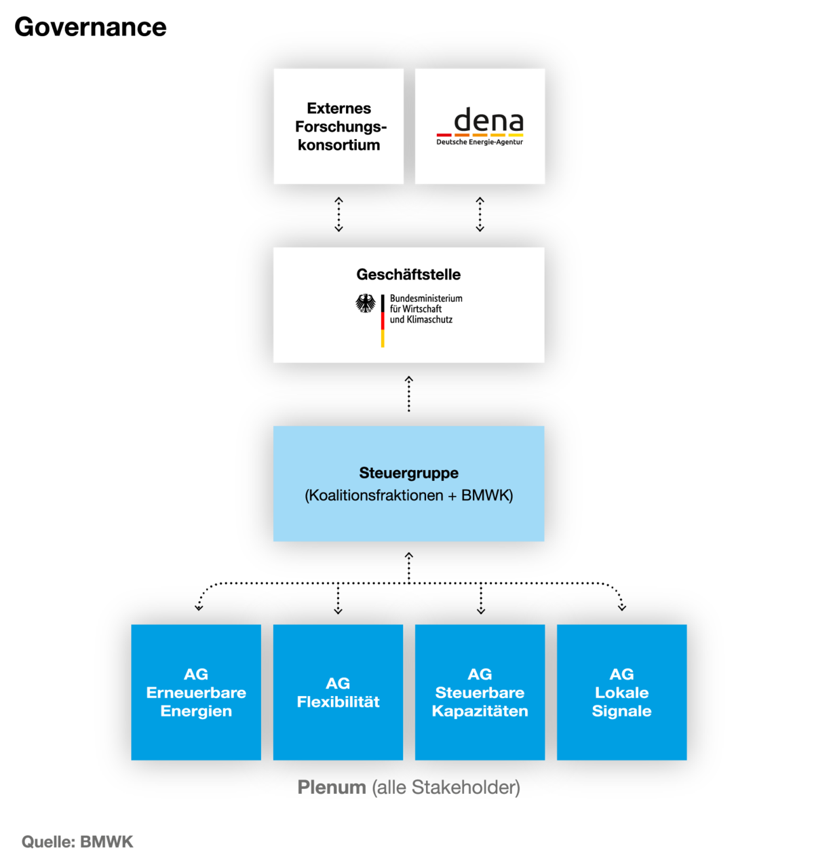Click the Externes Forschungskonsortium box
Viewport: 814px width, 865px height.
[x=338, y=126]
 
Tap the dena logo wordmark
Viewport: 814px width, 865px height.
[x=488, y=121]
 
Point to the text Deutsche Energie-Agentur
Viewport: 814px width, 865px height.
[x=480, y=142]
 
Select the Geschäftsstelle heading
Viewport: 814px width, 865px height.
[x=408, y=275]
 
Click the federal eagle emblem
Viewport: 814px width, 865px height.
[x=366, y=303]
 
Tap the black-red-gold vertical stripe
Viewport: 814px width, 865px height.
[x=383, y=320]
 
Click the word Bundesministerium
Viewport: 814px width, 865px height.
[x=426, y=299]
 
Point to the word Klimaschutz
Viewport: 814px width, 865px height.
[x=429, y=320]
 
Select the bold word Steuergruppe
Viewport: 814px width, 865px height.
[x=408, y=473]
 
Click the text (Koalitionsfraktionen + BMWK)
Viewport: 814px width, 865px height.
[x=408, y=495]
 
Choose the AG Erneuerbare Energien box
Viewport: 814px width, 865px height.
[x=196, y=692]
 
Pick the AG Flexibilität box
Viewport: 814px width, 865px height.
[x=338, y=692]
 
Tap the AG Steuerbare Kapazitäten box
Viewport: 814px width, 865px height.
[x=480, y=692]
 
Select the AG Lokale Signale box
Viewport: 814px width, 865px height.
[x=621, y=692]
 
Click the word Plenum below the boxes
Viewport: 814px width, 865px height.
[x=332, y=787]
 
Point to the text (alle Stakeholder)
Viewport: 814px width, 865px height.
[x=446, y=787]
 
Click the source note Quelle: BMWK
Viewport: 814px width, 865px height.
[x=78, y=842]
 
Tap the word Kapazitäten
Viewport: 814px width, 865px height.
[x=480, y=711]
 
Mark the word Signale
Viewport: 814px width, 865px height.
[x=621, y=711]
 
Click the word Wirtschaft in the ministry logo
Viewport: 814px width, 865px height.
[x=423, y=309]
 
